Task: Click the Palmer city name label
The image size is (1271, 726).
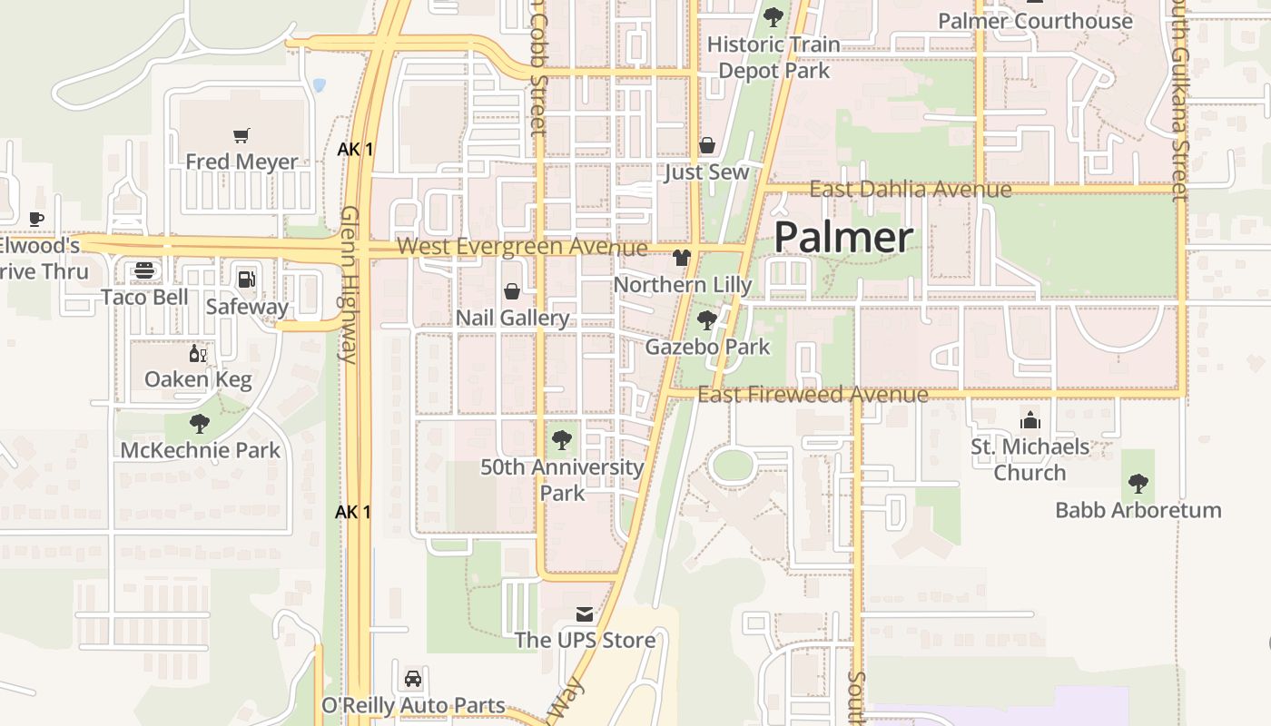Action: pyautogui.click(x=843, y=238)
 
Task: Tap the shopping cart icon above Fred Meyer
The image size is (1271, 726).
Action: pyautogui.click(x=241, y=136)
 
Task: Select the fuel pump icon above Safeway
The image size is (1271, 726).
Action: pyautogui.click(x=246, y=280)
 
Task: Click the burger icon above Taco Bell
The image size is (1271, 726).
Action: pyautogui.click(x=144, y=270)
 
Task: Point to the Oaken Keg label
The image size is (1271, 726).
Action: pyautogui.click(x=198, y=379)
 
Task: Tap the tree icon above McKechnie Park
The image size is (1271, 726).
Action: pyautogui.click(x=200, y=423)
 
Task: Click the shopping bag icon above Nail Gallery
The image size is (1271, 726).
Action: pyautogui.click(x=512, y=291)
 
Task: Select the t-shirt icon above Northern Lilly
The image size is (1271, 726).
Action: pyautogui.click(x=682, y=258)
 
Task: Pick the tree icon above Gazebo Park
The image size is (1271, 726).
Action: pyautogui.click(x=707, y=319)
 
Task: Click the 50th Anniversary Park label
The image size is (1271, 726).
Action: pyautogui.click(x=562, y=480)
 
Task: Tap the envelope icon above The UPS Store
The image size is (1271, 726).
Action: pyautogui.click(x=585, y=614)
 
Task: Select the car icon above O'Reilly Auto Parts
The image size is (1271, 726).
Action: pyautogui.click(x=413, y=679)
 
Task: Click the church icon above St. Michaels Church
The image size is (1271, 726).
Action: pyautogui.click(x=1030, y=420)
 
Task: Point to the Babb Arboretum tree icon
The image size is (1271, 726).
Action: pyautogui.click(x=1138, y=483)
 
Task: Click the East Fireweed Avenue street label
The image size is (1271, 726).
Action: pyautogui.click(x=813, y=395)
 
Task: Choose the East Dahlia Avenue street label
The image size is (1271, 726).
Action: pyautogui.click(x=910, y=190)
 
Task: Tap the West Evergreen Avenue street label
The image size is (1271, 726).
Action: pyautogui.click(x=522, y=247)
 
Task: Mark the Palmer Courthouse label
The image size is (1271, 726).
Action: pyautogui.click(x=1035, y=21)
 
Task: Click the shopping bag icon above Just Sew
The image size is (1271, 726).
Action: pyautogui.click(x=707, y=145)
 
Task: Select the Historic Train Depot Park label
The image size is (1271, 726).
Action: pyautogui.click(x=773, y=57)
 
